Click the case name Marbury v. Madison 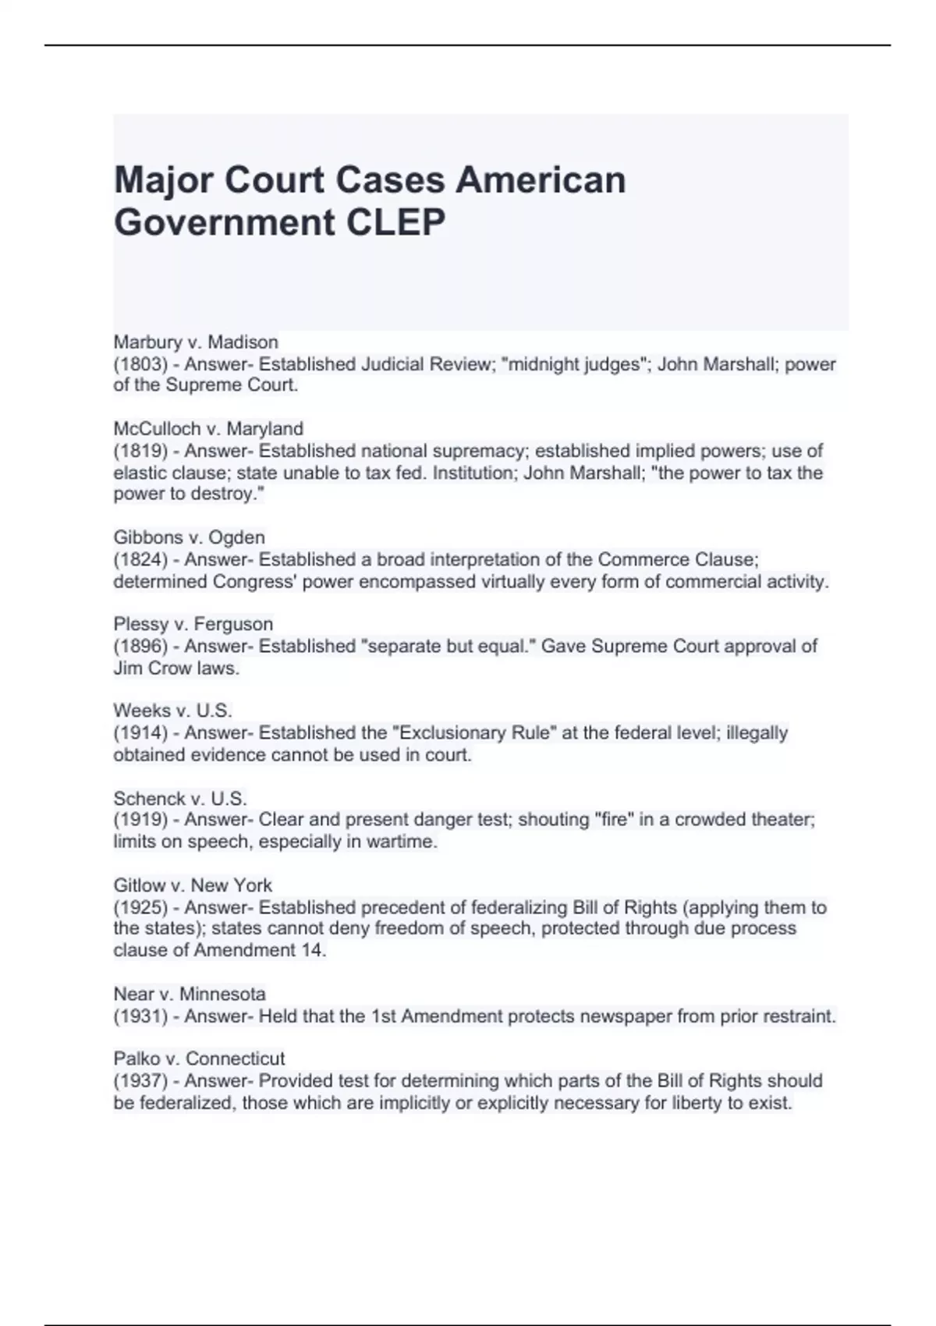[196, 342]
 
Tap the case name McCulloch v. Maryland [208, 429]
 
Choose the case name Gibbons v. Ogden [190, 537]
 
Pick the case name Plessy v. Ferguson [193, 624]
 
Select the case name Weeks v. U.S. [172, 711]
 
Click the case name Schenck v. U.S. [180, 799]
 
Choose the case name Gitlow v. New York [193, 885]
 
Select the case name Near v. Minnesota [190, 994]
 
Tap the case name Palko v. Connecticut [199, 1058]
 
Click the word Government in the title [224, 222]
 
